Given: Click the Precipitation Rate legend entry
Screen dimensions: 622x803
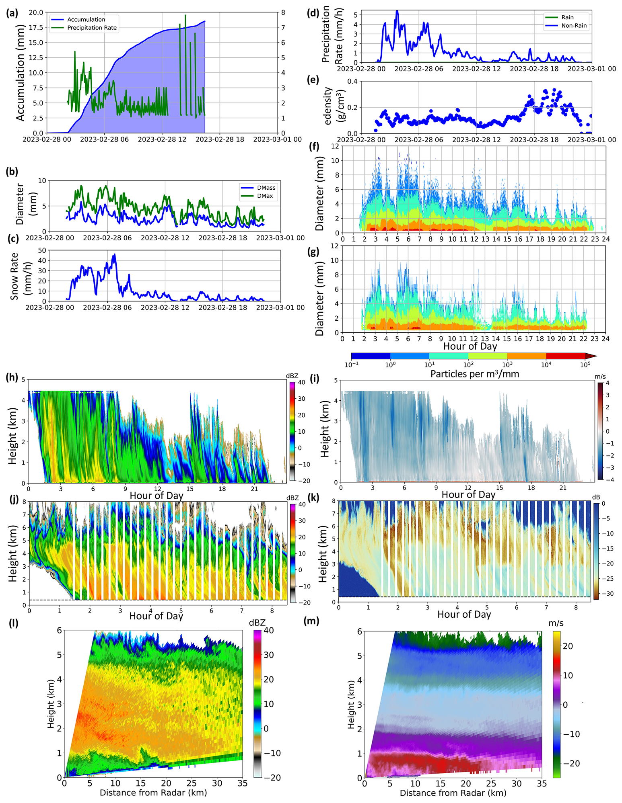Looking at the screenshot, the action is pos(84,28).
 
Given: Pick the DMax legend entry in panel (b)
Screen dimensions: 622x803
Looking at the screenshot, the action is pos(257,196).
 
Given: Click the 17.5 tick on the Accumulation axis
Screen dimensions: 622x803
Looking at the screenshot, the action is pos(36,27).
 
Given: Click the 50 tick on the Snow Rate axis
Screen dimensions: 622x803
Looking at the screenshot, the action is pos(42,250).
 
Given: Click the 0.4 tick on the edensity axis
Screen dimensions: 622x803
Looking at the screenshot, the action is pos(352,82).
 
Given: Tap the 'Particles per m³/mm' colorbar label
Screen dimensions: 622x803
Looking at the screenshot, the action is pos(475,374).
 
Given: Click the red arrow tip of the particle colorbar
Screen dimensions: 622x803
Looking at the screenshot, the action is pos(596,356).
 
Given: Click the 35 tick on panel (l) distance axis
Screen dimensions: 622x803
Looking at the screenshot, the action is pos(242,783).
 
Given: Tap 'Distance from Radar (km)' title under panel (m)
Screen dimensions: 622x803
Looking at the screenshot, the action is pos(453,793).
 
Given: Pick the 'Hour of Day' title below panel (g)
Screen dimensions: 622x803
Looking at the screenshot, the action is pos(470,346).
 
